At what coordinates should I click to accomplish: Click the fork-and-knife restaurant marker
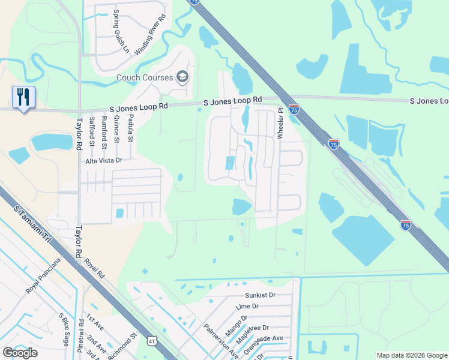(x=23, y=97)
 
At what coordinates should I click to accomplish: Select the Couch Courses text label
(x=144, y=77)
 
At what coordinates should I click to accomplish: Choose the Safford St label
(x=92, y=131)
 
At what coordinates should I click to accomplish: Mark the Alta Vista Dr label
(x=103, y=160)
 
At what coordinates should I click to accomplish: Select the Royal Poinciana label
(x=43, y=275)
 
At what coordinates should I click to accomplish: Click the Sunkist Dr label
(x=260, y=295)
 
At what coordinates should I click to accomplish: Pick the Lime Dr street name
(x=247, y=306)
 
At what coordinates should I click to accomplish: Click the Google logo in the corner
(x=20, y=352)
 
